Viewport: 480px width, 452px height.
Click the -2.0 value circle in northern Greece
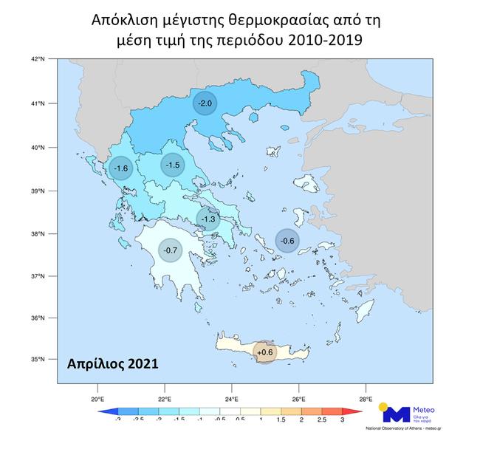205,103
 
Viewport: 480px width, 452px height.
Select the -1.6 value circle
120,168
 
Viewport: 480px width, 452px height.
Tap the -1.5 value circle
173,165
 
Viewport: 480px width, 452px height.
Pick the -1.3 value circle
209,218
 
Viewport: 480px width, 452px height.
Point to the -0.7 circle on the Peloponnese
171,251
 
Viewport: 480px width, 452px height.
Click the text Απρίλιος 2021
111,363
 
